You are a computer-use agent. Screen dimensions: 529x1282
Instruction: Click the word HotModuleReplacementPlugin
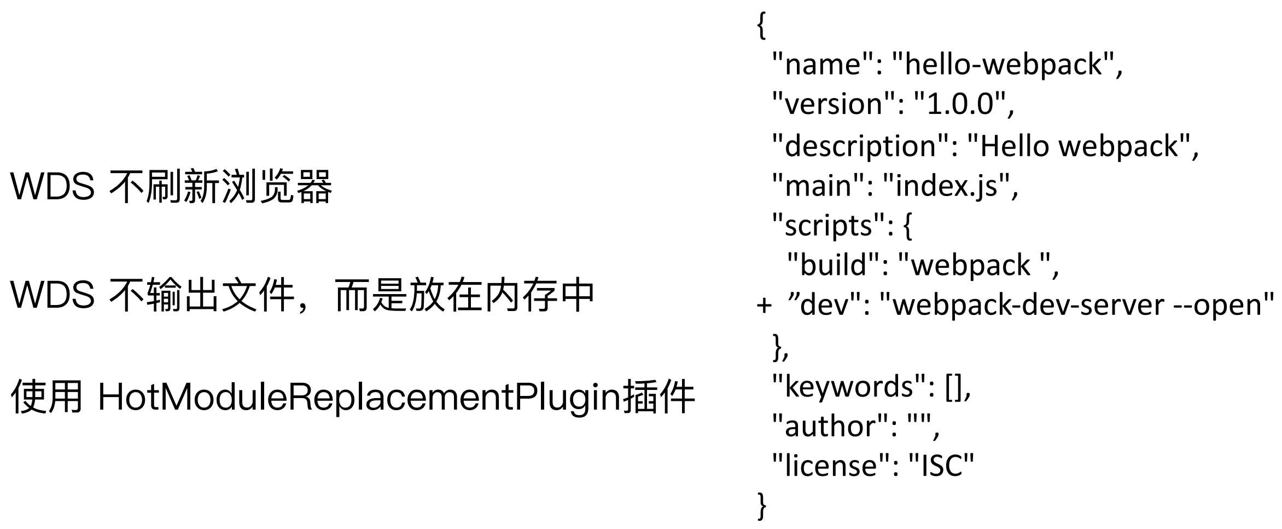click(x=360, y=397)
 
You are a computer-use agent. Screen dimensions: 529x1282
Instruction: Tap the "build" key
click(x=835, y=265)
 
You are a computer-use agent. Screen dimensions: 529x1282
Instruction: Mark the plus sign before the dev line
click(x=764, y=304)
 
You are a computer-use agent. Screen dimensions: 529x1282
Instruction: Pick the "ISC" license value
click(x=941, y=466)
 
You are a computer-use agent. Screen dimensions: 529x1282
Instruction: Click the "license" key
click(x=831, y=466)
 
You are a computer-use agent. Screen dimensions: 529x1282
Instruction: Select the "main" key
click(x=819, y=186)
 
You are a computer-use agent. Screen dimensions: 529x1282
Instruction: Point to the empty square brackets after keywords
click(x=954, y=387)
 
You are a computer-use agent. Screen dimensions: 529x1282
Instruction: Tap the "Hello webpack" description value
click(x=1080, y=146)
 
